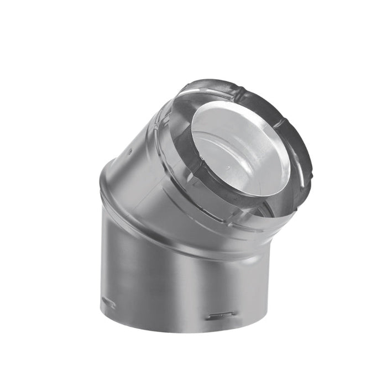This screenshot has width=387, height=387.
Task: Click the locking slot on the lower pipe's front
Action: (x=222, y=315)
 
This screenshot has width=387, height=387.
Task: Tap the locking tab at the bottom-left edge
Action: (x=108, y=303)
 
